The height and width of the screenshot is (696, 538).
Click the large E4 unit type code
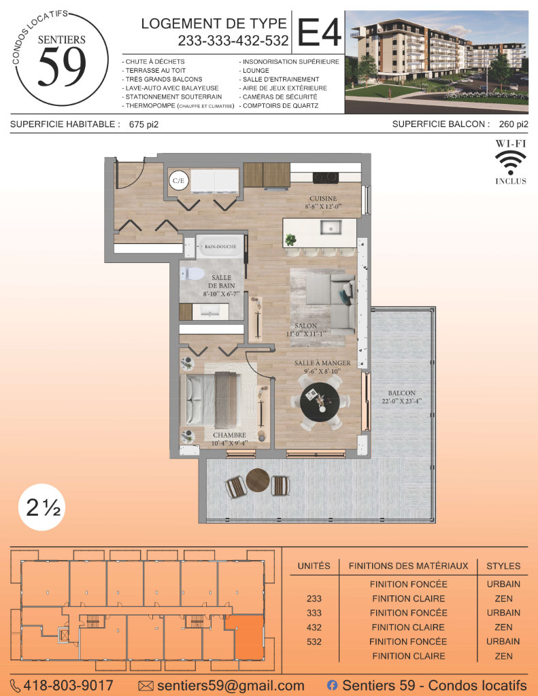[x=319, y=32]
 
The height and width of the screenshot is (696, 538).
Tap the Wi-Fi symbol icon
[x=511, y=163]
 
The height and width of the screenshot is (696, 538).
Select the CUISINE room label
[x=323, y=198]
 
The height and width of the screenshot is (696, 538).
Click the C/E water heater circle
[x=179, y=180]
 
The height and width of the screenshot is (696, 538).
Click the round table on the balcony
[x=258, y=481]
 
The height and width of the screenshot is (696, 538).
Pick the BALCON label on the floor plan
[x=401, y=394]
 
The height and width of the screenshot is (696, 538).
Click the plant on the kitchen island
[x=290, y=240]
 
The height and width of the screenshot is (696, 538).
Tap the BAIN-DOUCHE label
[x=220, y=246]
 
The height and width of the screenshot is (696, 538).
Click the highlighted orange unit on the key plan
[x=249, y=638]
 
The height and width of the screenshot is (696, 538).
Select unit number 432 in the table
[x=314, y=627]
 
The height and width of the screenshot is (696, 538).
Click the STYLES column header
[x=503, y=566]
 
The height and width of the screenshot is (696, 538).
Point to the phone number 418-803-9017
[x=68, y=686]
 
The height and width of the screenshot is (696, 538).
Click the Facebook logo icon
[x=332, y=685]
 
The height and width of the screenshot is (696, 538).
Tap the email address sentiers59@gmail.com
[x=231, y=686]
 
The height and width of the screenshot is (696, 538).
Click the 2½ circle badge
[x=42, y=507]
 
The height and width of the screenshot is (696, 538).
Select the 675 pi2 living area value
[x=144, y=125]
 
